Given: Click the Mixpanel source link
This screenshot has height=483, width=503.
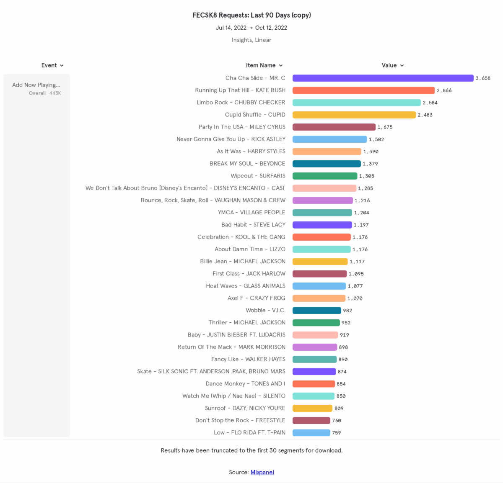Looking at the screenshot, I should click(x=262, y=472).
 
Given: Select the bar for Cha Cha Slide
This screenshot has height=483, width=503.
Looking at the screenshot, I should click(x=383, y=78).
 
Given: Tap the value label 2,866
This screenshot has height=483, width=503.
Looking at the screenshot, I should click(x=444, y=90).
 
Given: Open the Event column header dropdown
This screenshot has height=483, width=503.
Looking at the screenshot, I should click(x=52, y=65).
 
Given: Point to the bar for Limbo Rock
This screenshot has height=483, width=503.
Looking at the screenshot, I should click(x=356, y=103).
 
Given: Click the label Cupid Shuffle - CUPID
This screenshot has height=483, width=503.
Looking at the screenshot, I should click(x=255, y=115).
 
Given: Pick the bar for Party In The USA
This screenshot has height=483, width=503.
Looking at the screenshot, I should click(x=334, y=127).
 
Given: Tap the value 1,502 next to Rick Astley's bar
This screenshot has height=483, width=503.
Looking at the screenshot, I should click(x=376, y=139).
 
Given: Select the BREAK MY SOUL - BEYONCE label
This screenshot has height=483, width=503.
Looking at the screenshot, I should click(x=247, y=164).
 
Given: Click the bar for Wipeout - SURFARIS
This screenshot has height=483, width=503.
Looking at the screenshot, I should click(x=325, y=176).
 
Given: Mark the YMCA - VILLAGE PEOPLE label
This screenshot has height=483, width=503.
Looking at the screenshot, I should click(x=251, y=213).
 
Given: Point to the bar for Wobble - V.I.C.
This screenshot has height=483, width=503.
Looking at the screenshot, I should click(x=316, y=311).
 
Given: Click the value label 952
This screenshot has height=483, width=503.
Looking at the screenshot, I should click(x=346, y=323).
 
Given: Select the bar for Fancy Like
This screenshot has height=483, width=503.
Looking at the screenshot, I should click(x=314, y=360).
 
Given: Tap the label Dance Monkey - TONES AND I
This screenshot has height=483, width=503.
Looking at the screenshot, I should click(x=245, y=384).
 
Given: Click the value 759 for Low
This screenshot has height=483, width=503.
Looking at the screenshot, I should click(x=336, y=433).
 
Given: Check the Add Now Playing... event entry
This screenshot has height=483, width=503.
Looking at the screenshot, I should click(x=36, y=85).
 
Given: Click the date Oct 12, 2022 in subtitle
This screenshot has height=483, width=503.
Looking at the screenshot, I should click(x=271, y=28).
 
